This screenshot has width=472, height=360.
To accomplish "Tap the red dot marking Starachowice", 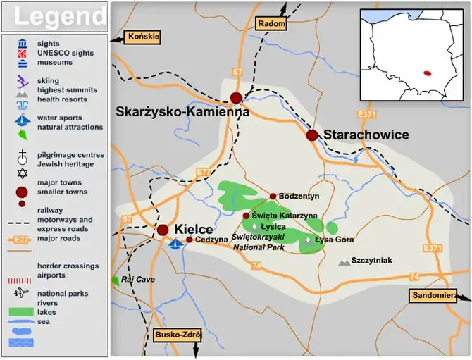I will pyautogui.click(x=312, y=135).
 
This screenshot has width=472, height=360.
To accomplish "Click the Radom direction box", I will pyautogui.click(x=272, y=23).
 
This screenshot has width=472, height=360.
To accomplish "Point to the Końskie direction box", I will pyautogui.click(x=143, y=37).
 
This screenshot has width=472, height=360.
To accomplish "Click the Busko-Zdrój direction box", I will pyautogui.click(x=177, y=335).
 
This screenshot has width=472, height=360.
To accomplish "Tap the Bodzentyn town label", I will pyautogui.click(x=299, y=196).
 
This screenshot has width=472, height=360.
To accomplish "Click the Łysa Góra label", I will pyautogui.click(x=333, y=240).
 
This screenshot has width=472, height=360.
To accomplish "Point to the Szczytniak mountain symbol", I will pyautogui.click(x=344, y=261).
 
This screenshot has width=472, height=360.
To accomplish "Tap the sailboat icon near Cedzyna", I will pyautogui.click(x=176, y=243).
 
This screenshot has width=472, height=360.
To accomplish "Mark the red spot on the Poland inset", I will pyautogui.click(x=427, y=72).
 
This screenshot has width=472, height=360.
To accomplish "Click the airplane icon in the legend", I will pyautogui.click(x=22, y=293).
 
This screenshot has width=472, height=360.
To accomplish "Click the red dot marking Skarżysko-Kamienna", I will pyautogui.click(x=236, y=98).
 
